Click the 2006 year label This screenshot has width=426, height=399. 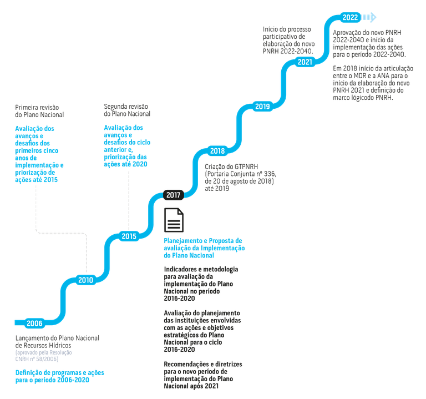pyautogui.click(x=34, y=323)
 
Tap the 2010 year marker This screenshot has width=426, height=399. pyautogui.click(x=85, y=280)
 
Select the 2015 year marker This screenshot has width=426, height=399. pyautogui.click(x=129, y=236)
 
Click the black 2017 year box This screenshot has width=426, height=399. pyautogui.click(x=173, y=194)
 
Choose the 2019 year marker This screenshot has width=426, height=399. pyautogui.click(x=262, y=107)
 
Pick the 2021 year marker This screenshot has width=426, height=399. pyautogui.click(x=305, y=62)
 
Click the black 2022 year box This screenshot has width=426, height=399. pyautogui.click(x=350, y=18)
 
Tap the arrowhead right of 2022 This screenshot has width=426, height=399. pyautogui.click(x=371, y=18)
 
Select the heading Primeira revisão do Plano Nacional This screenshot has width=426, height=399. pyautogui.click(x=39, y=111)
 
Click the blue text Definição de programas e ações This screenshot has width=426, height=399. pyautogui.click(x=59, y=376)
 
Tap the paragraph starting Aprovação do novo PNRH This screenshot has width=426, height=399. pyautogui.click(x=369, y=43)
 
